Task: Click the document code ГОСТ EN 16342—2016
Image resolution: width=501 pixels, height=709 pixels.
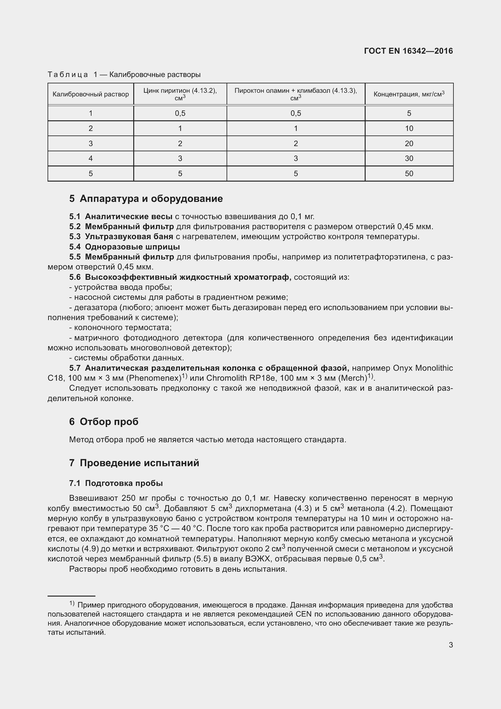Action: (408, 51)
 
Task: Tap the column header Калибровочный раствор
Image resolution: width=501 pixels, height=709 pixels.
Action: (91, 94)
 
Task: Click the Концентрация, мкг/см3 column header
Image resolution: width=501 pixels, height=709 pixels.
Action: (409, 94)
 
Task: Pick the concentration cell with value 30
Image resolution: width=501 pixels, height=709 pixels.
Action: (409, 159)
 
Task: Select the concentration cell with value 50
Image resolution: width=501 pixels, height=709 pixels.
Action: (409, 174)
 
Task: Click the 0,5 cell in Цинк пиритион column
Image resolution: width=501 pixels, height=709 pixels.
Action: (180, 113)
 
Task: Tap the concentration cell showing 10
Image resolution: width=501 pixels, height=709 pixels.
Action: (409, 129)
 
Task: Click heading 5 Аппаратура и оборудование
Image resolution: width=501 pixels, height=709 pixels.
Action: (146, 199)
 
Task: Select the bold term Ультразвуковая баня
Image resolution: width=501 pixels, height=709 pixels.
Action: (129, 237)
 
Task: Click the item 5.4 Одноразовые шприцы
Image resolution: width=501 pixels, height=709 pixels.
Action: (124, 247)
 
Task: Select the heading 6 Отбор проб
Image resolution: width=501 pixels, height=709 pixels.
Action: (104, 422)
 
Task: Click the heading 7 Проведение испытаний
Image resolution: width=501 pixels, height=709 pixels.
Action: (134, 463)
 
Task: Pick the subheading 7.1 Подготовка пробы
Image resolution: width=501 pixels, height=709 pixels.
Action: (116, 483)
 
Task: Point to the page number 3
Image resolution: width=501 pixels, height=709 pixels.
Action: (451, 645)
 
